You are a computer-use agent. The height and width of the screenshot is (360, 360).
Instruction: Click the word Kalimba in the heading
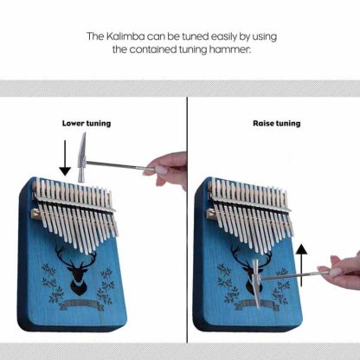coord(125,36)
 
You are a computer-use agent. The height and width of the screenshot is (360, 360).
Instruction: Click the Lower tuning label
coord(87,124)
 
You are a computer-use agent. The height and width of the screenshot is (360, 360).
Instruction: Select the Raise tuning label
coord(277,124)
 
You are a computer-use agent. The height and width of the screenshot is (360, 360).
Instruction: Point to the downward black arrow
coord(65,158)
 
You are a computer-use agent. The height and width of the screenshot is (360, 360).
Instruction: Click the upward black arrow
coord(301,265)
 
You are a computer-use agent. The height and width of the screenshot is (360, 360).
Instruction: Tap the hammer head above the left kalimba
coord(82,157)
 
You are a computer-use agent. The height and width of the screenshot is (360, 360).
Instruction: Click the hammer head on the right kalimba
coord(256,283)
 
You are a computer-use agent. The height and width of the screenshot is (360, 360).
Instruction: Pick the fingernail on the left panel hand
coord(162,170)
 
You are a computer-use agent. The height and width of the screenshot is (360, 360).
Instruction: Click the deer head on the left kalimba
coord(76,270)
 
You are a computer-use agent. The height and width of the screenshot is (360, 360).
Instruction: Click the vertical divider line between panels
coord(187,220)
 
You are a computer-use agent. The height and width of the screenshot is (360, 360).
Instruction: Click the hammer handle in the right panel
coord(293,275)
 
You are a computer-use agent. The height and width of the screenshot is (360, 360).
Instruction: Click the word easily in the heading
coord(224,37)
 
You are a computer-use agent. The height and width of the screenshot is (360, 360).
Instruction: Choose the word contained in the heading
coord(152,49)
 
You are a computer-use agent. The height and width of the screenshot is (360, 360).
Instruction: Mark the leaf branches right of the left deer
coord(106,286)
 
